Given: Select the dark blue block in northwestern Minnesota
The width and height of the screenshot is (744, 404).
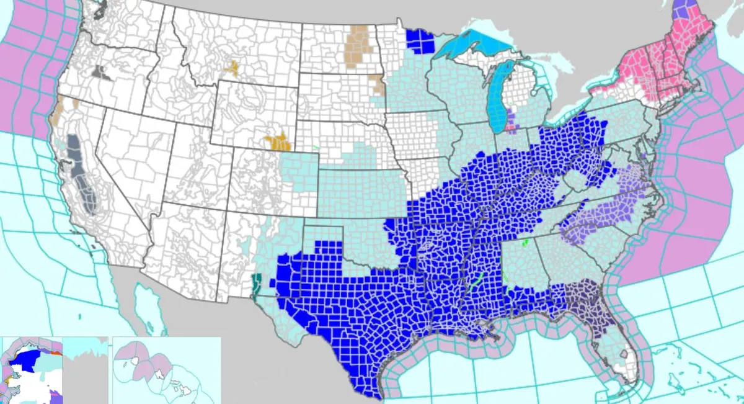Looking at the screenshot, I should click(x=421, y=41).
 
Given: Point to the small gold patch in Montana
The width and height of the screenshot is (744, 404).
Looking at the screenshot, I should click(x=234, y=68).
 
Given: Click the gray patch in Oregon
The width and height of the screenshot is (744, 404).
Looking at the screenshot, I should click(x=100, y=73).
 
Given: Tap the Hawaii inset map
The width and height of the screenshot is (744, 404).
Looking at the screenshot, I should click(x=166, y=370).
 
